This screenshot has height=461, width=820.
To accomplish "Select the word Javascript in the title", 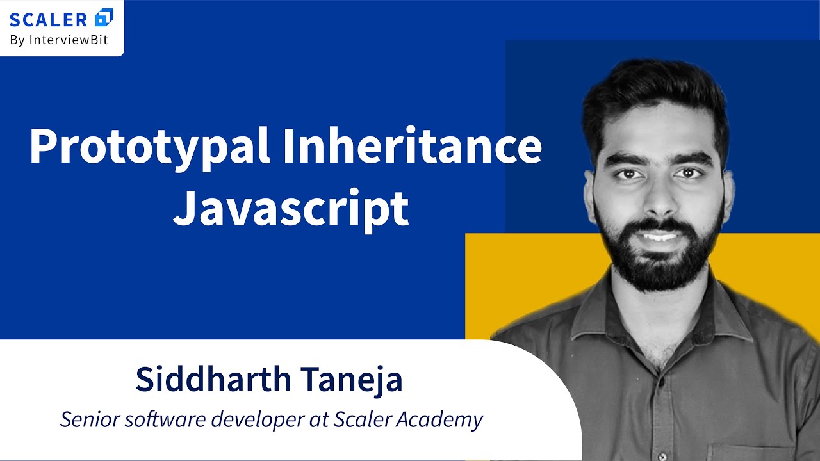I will coord(290,208).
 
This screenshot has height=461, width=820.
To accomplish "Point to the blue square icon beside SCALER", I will coord(104,17).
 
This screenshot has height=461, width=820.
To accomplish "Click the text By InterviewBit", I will coord(59,40).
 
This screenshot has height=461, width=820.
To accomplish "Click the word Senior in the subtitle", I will coord(89,420).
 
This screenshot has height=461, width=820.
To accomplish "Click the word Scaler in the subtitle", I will coord(363,420).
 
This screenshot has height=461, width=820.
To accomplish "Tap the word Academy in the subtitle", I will coord(441,421).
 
